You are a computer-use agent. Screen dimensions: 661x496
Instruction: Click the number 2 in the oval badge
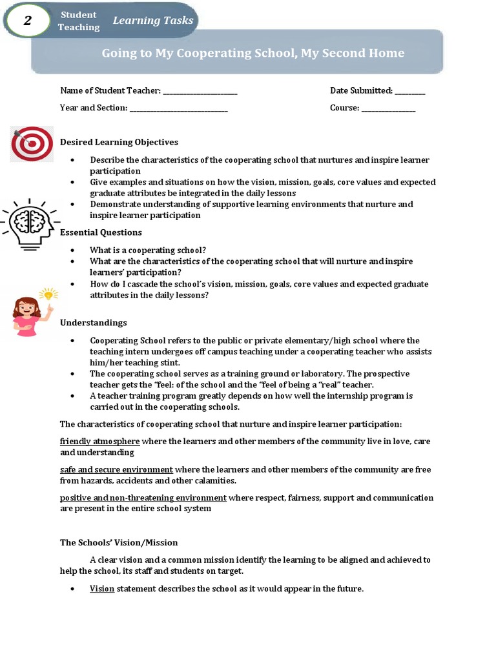[27, 21]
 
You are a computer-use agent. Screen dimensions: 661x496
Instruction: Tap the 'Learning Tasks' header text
[153, 21]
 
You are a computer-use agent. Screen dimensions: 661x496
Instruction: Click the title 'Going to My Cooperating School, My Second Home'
[253, 53]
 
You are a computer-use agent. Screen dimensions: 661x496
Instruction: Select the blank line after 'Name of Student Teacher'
[200, 92]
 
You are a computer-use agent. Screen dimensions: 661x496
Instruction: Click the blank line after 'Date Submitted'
[409, 92]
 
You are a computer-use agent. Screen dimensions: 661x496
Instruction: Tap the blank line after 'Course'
[388, 108]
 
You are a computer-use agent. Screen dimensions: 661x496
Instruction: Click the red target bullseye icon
[32, 144]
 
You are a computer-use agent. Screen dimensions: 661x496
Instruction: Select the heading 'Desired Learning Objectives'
[119, 142]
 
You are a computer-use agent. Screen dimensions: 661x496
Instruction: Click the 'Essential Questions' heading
[101, 232]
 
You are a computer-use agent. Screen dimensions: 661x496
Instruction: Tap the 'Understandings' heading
[93, 323]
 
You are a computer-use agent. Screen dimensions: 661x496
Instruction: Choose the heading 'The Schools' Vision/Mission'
[119, 543]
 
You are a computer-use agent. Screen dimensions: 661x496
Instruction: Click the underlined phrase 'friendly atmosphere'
[99, 442]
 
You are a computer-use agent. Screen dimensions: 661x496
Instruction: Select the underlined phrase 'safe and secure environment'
[116, 470]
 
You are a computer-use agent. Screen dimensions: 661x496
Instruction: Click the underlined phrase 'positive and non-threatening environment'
[143, 498]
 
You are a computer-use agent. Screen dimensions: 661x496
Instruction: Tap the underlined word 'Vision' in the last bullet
[102, 589]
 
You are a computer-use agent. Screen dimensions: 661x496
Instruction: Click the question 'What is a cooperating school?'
[148, 250]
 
